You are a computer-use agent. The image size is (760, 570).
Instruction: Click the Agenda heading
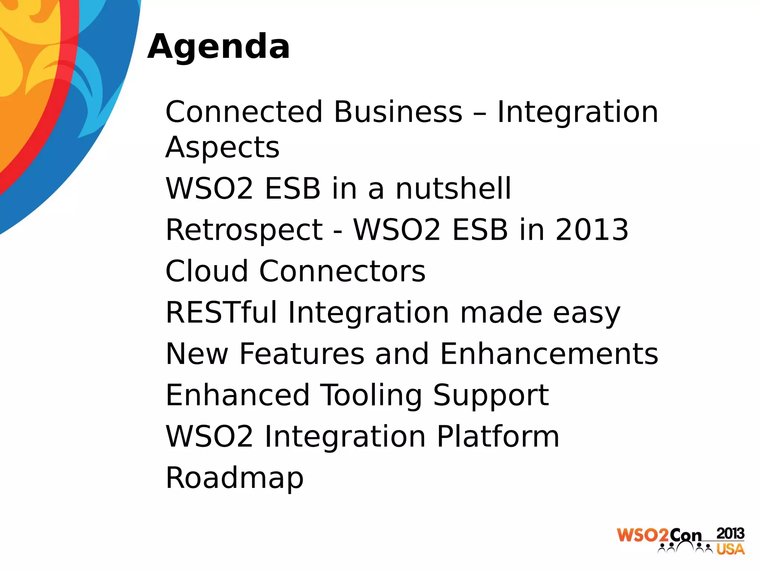click(218, 47)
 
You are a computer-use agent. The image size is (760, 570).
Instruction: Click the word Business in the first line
click(398, 112)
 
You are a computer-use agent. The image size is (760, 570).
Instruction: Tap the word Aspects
click(222, 147)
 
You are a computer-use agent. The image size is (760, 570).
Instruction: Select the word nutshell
click(453, 189)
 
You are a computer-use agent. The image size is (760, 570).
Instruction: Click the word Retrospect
click(244, 230)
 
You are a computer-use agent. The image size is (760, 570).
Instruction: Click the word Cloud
click(206, 271)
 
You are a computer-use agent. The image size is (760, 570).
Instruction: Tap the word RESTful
click(221, 312)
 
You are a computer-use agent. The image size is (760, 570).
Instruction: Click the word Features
click(302, 354)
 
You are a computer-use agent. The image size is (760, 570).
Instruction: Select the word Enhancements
click(549, 354)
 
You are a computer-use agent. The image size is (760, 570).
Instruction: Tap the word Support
click(491, 396)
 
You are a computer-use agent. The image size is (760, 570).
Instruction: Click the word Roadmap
click(235, 478)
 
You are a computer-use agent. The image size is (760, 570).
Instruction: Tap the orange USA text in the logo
click(730, 549)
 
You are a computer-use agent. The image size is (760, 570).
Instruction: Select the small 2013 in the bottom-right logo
click(730, 533)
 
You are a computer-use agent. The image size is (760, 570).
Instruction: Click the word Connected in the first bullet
click(244, 112)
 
